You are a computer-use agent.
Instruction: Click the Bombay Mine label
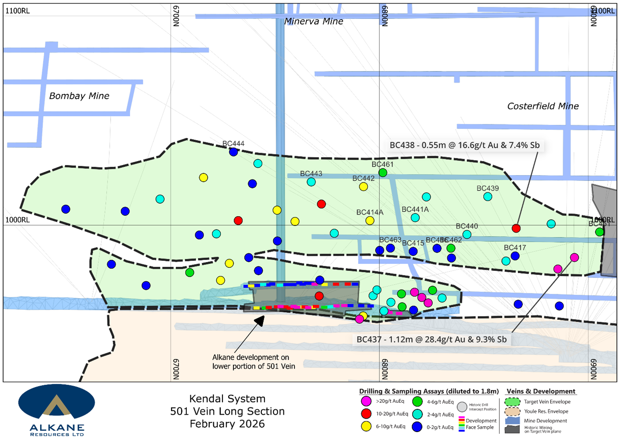tap(79, 96)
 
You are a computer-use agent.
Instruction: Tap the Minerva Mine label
tap(313, 21)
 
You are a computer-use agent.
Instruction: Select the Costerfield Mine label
tap(543, 106)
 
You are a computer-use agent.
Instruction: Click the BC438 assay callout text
tap(464, 145)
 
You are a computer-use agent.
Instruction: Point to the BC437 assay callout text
tap(431, 339)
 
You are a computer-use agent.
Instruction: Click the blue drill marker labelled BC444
tap(234, 152)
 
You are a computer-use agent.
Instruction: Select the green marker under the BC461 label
tap(383, 173)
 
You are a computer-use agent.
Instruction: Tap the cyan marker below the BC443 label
tap(311, 182)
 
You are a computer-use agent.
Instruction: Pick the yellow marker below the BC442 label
tap(364, 187)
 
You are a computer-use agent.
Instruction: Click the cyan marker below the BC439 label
tap(488, 197)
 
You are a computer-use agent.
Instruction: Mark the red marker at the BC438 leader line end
tap(516, 228)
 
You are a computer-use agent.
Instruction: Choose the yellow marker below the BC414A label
tap(370, 221)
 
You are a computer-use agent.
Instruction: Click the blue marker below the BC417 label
tap(515, 256)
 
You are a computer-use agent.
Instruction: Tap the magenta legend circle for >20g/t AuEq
tap(366, 401)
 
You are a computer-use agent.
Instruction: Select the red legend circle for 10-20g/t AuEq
tap(366, 414)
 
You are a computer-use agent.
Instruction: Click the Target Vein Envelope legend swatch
tap(512, 402)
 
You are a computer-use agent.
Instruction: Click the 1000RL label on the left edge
tap(18, 220)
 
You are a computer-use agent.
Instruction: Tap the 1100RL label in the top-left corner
tap(18, 11)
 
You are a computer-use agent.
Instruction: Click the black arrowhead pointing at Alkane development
tap(260, 321)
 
